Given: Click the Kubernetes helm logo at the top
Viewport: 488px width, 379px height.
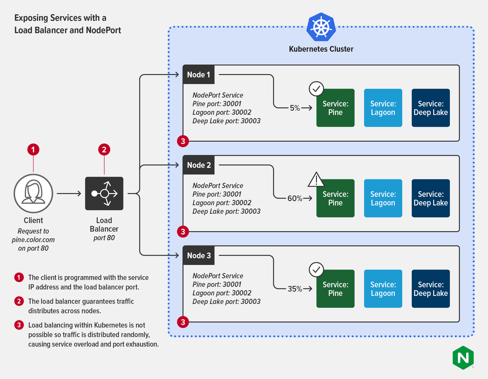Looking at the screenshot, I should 321,27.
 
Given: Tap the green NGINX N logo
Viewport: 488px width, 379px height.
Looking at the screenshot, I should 463,358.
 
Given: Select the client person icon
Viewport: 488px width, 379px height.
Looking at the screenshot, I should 33,193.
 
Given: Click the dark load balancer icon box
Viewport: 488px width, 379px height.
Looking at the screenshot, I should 104,193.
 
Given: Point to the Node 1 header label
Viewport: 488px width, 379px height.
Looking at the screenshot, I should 199,75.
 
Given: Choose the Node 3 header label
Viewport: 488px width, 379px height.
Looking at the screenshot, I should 199,255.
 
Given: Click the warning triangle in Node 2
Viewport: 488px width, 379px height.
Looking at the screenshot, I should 316,180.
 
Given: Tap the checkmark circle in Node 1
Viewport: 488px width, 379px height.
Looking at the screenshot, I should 316,89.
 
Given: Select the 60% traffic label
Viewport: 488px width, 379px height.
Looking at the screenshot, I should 295,198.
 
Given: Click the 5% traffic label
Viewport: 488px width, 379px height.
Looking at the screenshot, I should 295,108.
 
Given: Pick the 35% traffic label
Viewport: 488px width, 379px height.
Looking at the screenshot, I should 295,289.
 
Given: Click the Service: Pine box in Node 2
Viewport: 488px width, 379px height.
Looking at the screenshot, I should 335,198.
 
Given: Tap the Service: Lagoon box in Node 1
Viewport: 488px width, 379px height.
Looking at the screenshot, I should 383,108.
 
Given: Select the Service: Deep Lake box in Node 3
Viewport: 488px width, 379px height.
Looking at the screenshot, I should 430,289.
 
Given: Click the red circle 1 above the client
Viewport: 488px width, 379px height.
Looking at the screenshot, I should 33,150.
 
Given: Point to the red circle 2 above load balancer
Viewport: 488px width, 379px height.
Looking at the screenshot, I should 104,150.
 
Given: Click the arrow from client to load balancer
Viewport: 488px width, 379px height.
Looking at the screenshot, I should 69,193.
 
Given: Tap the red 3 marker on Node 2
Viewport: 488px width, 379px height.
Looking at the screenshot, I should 183,232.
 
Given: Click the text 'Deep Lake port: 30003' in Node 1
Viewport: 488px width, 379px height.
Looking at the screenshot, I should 226,121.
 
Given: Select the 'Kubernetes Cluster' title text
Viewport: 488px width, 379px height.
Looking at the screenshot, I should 321,49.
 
